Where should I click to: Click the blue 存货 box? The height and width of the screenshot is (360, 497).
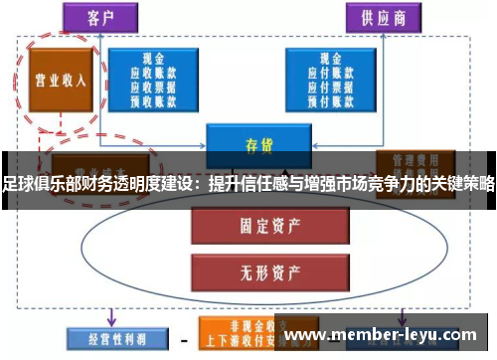(251, 145)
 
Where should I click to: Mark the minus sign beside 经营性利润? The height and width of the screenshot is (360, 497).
(183, 339)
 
